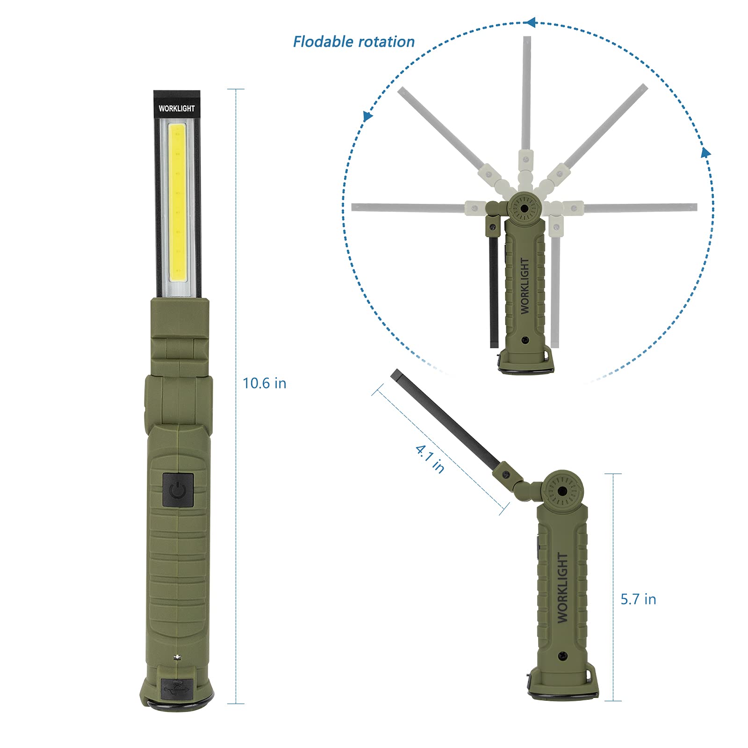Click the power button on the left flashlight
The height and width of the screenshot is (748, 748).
(178, 489)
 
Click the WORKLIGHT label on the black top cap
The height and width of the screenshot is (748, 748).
(177, 108)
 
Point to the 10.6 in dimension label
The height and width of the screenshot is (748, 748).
(264, 383)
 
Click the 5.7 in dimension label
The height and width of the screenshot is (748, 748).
(638, 599)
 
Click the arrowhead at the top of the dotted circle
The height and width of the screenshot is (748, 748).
(530, 22)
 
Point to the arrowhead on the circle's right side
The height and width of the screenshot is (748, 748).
(706, 152)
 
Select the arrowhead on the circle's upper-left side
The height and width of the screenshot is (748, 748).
(368, 115)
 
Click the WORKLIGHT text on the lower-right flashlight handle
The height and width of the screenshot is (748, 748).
(563, 587)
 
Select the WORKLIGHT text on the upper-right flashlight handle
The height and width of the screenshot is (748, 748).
(525, 286)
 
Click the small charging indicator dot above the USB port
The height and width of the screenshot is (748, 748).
(177, 657)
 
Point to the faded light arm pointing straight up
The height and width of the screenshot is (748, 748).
(526, 93)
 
